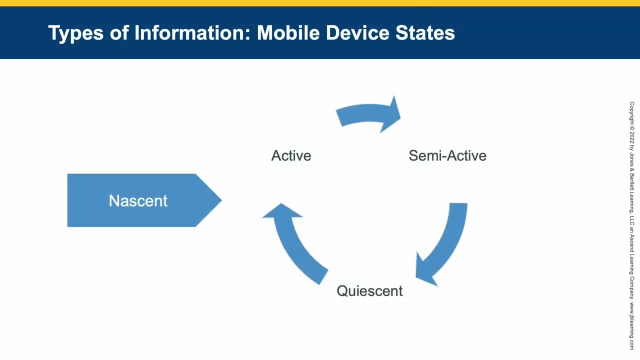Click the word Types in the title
point(75,33)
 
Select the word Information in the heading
point(192,32)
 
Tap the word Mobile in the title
point(288,32)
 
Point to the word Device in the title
point(357,32)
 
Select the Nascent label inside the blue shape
point(138,200)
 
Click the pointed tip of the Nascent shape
point(221,200)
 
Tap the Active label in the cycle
point(291,155)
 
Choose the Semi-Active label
point(447,155)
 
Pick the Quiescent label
point(369,291)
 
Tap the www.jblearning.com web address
point(632,325)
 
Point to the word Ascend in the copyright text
point(632,245)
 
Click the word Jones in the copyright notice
point(632,159)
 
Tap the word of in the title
point(119,32)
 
